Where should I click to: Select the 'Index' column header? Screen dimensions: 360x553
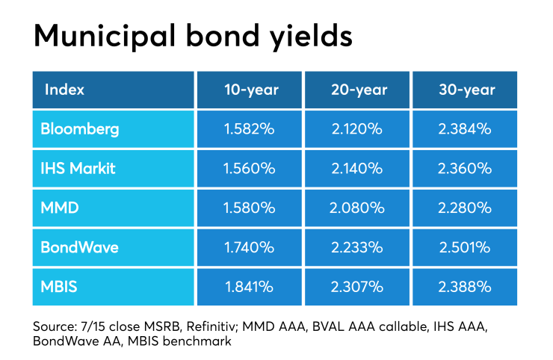click(x=64, y=90)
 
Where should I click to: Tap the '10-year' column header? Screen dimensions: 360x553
click(x=251, y=90)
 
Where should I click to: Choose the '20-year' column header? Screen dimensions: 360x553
click(x=358, y=90)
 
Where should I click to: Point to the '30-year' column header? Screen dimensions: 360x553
click(x=465, y=90)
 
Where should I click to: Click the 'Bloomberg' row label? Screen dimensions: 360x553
click(x=81, y=128)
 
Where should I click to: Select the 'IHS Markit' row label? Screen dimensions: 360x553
click(x=78, y=168)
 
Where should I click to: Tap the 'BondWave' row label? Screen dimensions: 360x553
click(x=78, y=246)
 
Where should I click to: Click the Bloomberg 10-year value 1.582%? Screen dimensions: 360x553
click(x=251, y=128)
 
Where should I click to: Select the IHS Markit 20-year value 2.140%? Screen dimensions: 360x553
click(x=358, y=168)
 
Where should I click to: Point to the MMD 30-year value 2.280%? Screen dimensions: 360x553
click(x=465, y=208)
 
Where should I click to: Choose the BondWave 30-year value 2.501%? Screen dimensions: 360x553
click(x=465, y=246)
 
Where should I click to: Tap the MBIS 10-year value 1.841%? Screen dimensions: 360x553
click(x=251, y=286)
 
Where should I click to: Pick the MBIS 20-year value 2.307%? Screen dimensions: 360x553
click(x=358, y=286)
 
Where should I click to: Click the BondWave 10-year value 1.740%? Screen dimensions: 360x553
click(x=251, y=246)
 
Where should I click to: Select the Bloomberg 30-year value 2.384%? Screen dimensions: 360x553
click(x=465, y=128)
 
